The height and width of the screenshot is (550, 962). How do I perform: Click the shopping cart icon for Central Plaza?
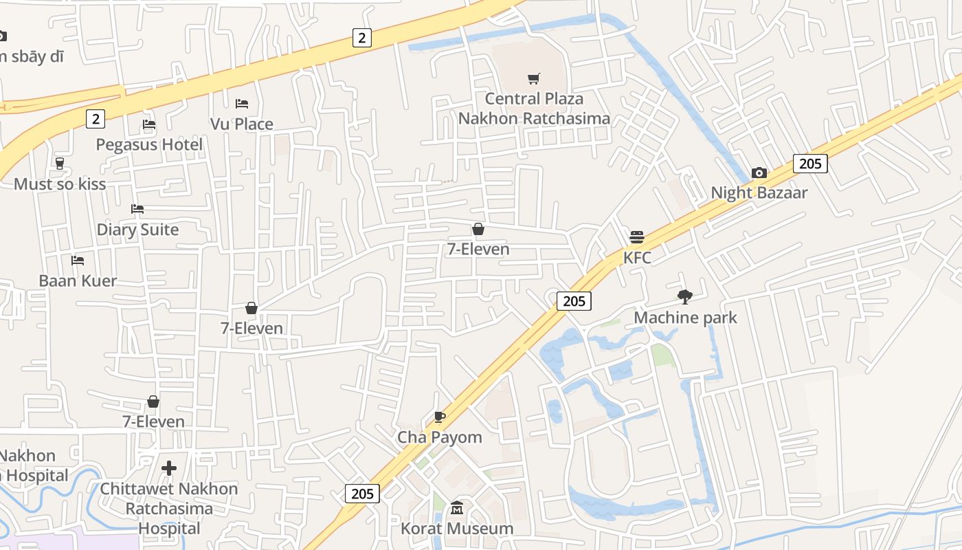[x=534, y=78]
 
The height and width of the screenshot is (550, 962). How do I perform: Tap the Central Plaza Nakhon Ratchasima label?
[x=534, y=109]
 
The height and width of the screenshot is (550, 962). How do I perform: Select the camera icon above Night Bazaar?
[x=759, y=173]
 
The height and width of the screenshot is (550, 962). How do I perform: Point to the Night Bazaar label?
[x=759, y=192]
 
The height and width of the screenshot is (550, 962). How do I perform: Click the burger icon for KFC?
[x=637, y=237]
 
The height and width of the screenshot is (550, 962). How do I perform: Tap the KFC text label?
[x=637, y=258]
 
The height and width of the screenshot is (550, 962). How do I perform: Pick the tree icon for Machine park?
[x=684, y=297]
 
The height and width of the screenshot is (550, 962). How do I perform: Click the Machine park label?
[x=685, y=318]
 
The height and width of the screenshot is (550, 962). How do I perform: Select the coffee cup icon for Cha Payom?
[x=440, y=417]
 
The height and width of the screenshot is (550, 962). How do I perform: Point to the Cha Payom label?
[x=440, y=437]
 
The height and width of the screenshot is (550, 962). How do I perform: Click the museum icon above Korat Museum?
[x=457, y=509]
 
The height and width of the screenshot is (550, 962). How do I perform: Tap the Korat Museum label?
[x=457, y=529]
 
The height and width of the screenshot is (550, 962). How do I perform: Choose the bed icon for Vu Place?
[x=242, y=104]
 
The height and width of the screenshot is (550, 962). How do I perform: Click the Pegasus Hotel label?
[x=149, y=145]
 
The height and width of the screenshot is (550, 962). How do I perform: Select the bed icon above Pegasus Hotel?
[x=149, y=124]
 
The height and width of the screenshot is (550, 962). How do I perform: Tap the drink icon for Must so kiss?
[x=60, y=164]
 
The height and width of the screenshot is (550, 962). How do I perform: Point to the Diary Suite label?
[x=137, y=230]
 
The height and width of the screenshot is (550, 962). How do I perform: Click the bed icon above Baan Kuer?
[x=78, y=261]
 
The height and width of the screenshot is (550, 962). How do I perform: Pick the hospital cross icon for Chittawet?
[x=169, y=469]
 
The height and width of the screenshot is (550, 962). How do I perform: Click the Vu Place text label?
[x=242, y=124]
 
